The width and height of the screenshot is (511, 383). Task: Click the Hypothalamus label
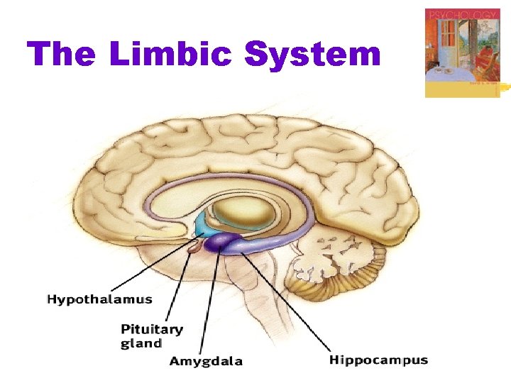click(x=99, y=300)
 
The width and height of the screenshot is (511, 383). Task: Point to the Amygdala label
click(x=206, y=361)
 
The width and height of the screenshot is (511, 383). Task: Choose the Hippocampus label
click(x=378, y=360)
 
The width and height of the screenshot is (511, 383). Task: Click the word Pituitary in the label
click(x=151, y=329)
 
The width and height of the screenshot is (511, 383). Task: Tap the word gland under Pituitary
click(x=141, y=343)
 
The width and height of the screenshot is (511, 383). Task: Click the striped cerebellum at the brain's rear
click(x=355, y=277)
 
